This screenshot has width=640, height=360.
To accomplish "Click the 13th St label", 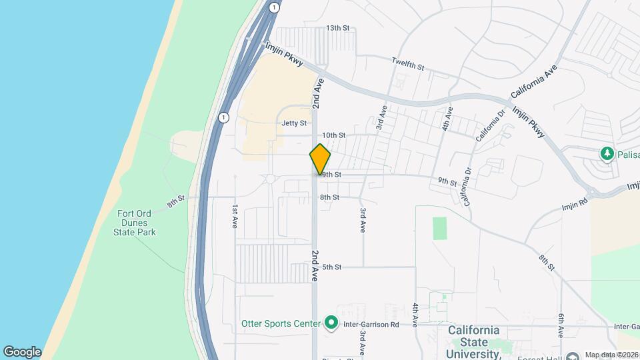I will pyautogui.click(x=337, y=28).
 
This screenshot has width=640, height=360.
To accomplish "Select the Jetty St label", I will pyautogui.click(x=294, y=123).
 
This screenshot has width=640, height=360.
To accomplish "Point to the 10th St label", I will pyautogui.click(x=333, y=135).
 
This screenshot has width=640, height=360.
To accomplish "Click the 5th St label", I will pyautogui.click(x=331, y=267).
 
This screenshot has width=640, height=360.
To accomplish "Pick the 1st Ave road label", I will pyautogui.click(x=235, y=217).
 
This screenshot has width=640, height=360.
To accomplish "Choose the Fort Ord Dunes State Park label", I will pyautogui.click(x=136, y=223).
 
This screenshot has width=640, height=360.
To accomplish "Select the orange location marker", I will pyautogui.click(x=320, y=159).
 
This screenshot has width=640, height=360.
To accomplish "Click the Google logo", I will pyautogui.click(x=22, y=351).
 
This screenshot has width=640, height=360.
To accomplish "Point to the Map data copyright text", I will pyautogui.click(x=611, y=354).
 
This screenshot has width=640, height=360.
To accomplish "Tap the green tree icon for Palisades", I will pyautogui.click(x=607, y=154).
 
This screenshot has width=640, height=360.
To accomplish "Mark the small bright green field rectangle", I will pyautogui.click(x=439, y=228).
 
